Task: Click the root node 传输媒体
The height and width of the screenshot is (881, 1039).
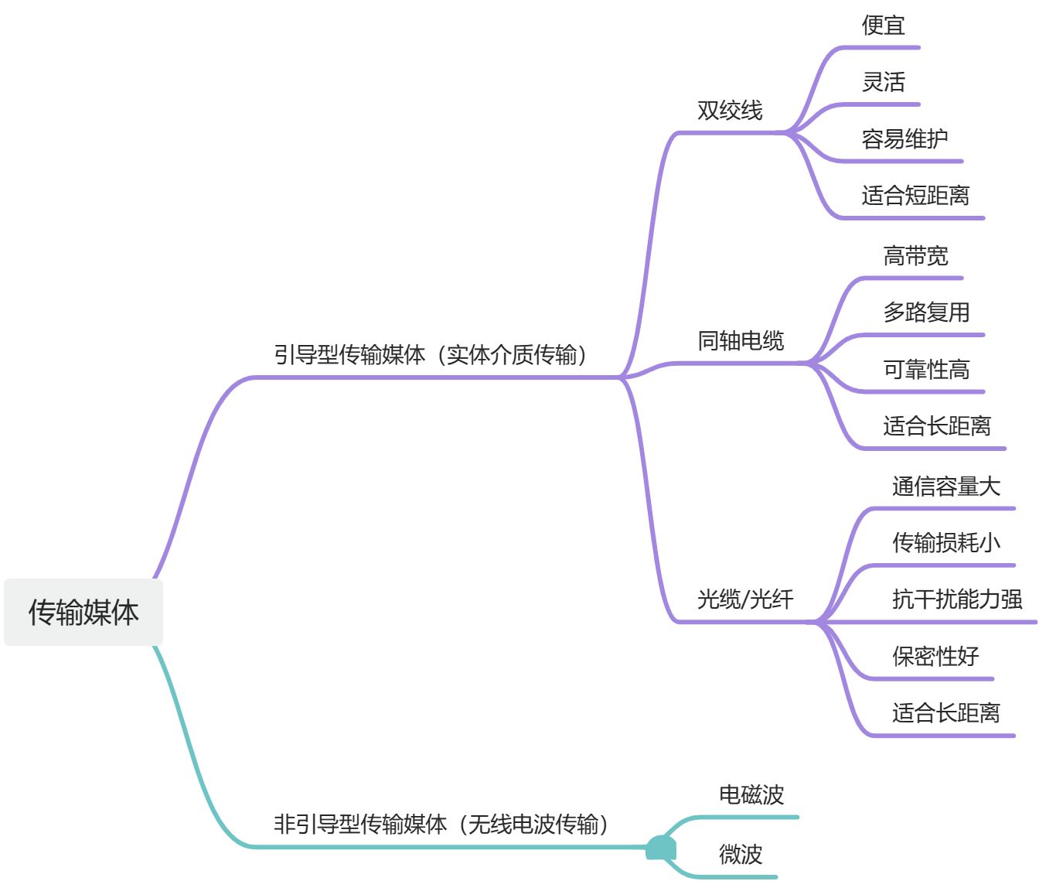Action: click(x=83, y=612)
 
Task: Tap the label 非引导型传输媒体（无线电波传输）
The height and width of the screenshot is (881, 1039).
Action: click(x=441, y=825)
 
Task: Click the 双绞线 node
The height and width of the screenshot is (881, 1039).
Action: click(x=730, y=111)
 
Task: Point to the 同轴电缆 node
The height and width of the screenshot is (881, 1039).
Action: click(x=741, y=340)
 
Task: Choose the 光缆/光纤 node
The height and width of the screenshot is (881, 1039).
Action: click(x=745, y=599)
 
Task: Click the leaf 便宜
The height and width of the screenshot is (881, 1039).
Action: click(x=883, y=26)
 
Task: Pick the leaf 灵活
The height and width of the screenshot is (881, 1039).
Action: click(x=883, y=82)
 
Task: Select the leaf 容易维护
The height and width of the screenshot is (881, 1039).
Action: click(x=904, y=139)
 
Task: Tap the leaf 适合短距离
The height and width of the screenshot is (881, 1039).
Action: click(x=915, y=196)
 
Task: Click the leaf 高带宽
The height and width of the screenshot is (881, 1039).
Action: click(x=915, y=256)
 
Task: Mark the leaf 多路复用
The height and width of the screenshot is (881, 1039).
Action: click(x=926, y=312)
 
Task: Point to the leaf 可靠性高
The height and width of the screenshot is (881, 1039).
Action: click(x=926, y=370)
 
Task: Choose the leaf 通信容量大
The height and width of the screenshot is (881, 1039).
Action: click(x=946, y=487)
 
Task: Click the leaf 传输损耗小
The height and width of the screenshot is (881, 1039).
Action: click(x=946, y=543)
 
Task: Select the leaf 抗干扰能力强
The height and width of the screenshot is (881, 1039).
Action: click(x=957, y=599)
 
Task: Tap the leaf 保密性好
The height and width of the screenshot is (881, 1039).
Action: click(x=935, y=657)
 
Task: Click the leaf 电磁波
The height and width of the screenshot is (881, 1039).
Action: click(x=751, y=794)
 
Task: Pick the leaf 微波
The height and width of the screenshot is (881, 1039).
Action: click(x=741, y=855)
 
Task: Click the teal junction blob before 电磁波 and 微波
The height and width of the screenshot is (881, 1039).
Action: click(x=661, y=849)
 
